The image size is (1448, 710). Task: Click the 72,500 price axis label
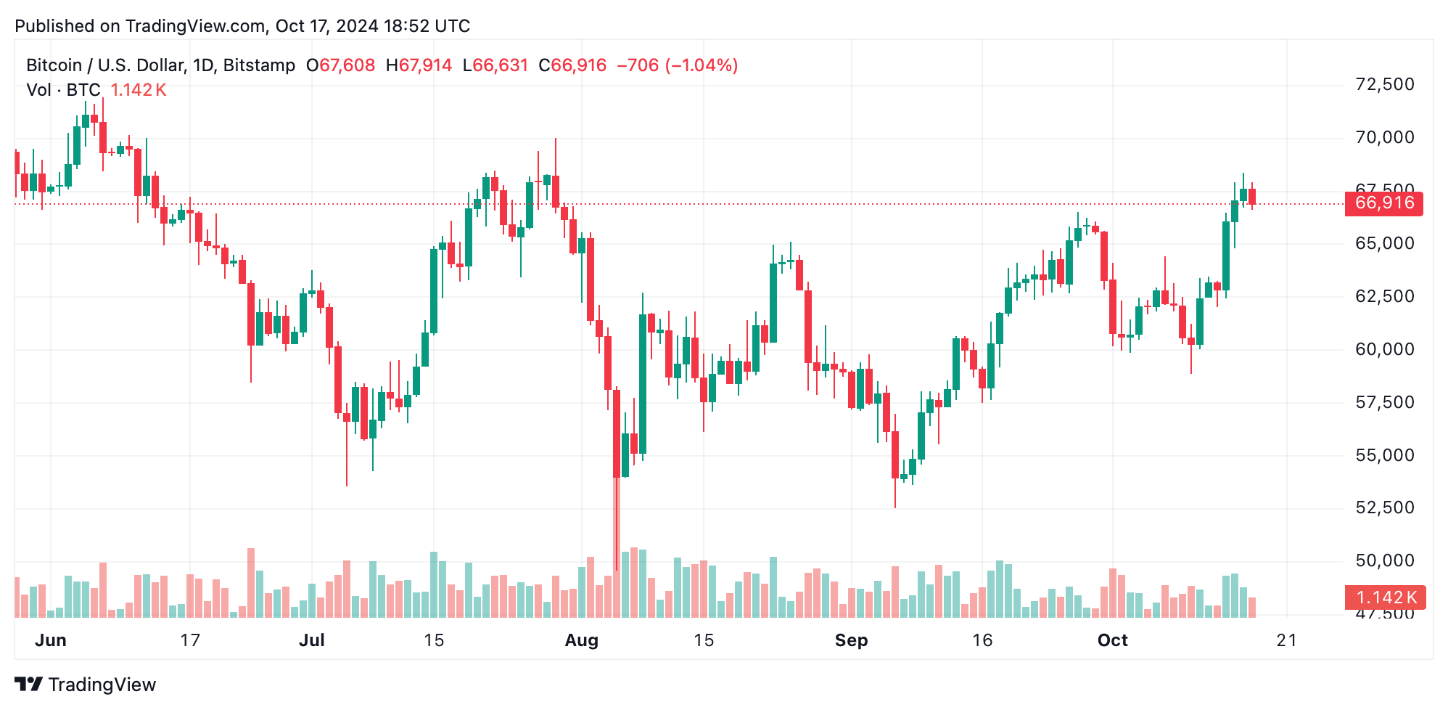[1384, 84]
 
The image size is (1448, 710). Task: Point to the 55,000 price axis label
[1384, 455]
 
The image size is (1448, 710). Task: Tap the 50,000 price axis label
[1384, 560]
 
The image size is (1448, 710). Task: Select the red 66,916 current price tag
[1383, 203]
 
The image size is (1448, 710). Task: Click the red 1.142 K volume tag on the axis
[1385, 597]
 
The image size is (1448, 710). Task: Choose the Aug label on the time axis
[581, 640]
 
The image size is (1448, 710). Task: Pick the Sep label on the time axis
[851, 640]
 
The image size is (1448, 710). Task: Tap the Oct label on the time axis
[1112, 640]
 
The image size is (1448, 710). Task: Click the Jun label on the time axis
[51, 640]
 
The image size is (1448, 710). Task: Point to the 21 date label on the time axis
[1286, 640]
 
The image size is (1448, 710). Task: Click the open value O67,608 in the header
[340, 65]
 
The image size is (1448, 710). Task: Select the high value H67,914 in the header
[419, 65]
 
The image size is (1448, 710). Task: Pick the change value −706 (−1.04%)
[677, 65]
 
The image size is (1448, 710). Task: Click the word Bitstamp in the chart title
[259, 65]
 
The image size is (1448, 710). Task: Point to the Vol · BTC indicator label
[63, 90]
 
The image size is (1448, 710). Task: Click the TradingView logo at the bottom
[85, 685]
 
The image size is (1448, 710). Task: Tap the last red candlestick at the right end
[1252, 197]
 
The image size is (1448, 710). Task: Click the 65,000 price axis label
[1384, 243]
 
